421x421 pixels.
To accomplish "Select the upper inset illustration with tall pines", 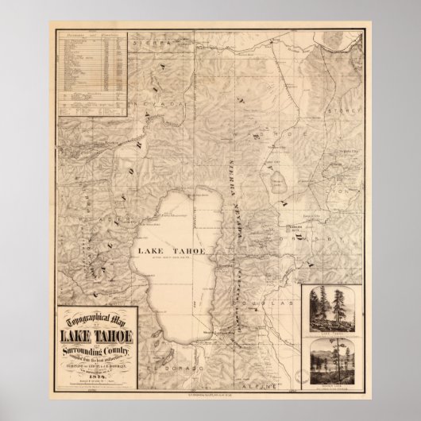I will click(x=334, y=311).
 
